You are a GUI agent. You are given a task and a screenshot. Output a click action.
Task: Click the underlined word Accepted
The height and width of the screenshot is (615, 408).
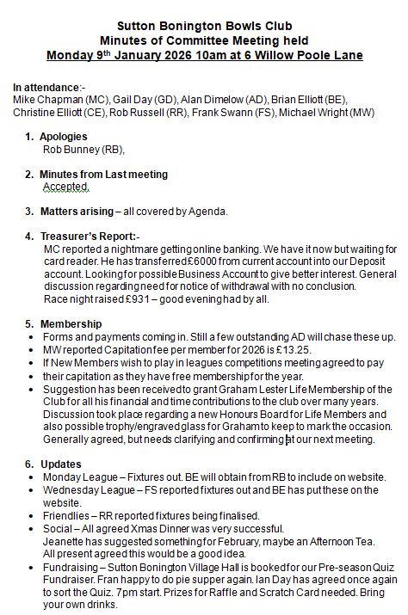[x=66, y=186]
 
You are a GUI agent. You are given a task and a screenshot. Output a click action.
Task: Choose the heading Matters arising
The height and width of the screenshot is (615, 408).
[x=78, y=211]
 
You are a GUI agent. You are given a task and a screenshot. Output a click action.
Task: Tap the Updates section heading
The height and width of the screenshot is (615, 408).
[x=63, y=464]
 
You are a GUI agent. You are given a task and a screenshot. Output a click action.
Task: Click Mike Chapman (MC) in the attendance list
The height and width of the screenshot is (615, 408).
[x=54, y=100]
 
